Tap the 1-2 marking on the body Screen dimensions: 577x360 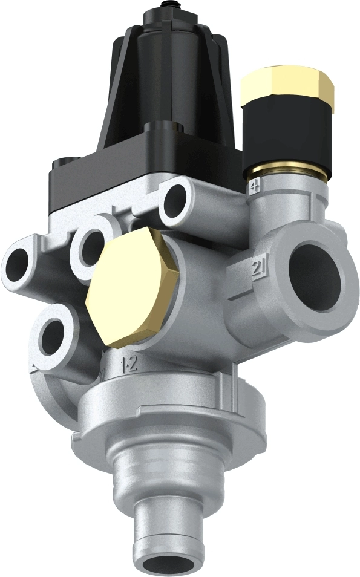(127, 364)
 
